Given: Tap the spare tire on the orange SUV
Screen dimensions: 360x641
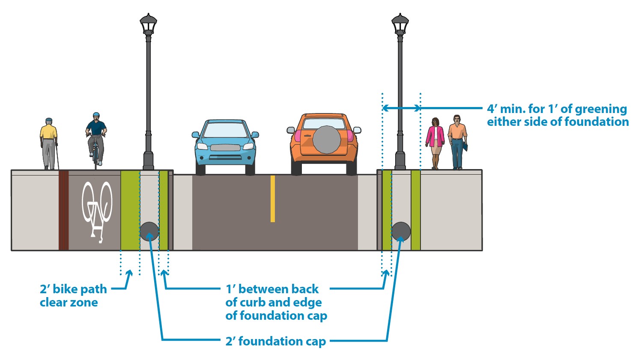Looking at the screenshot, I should pyautogui.click(x=327, y=140).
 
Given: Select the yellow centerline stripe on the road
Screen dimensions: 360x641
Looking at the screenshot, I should pyautogui.click(x=273, y=199).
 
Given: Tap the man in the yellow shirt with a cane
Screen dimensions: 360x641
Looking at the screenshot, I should pyautogui.click(x=49, y=143).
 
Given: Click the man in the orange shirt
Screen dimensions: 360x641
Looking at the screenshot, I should pyautogui.click(x=457, y=141).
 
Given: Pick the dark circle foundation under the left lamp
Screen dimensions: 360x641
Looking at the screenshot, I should pyautogui.click(x=149, y=232).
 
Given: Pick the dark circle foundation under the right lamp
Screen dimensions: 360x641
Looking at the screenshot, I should pyautogui.click(x=401, y=232).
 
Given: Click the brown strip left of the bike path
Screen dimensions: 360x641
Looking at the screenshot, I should pyautogui.click(x=63, y=210).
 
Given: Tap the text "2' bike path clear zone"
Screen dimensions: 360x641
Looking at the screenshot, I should pyautogui.click(x=73, y=296).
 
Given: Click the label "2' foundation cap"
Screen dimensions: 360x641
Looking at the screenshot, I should pyautogui.click(x=276, y=341).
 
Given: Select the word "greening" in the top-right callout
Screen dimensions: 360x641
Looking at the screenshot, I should pyautogui.click(x=600, y=109).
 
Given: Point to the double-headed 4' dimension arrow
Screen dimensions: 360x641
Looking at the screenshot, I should pyautogui.click(x=401, y=108).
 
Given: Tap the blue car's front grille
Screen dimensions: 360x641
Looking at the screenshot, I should pyautogui.click(x=225, y=148).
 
